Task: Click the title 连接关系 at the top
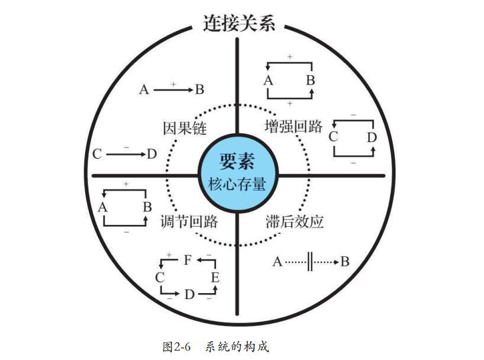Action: pyautogui.click(x=239, y=23)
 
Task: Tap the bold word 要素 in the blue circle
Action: pyautogui.click(x=237, y=161)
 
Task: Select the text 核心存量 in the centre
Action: pyautogui.click(x=237, y=185)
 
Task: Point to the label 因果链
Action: pyautogui.click(x=185, y=128)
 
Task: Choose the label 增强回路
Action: pyautogui.click(x=293, y=126)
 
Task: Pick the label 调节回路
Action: pyautogui.click(x=189, y=221)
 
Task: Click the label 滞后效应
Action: pyautogui.click(x=295, y=221)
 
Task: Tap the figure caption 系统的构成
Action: pyautogui.click(x=237, y=346)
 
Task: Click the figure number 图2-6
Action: pyautogui.click(x=176, y=347)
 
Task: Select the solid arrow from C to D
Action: pyautogui.click(x=125, y=154)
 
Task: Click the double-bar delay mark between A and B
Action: pyautogui.click(x=310, y=262)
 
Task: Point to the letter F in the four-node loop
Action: pyautogui.click(x=188, y=260)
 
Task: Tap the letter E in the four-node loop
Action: pyautogui.click(x=215, y=278)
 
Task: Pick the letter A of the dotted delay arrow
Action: pyautogui.click(x=278, y=262)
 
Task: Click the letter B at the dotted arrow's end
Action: pyautogui.click(x=345, y=262)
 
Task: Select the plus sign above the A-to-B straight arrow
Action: pyautogui.click(x=173, y=83)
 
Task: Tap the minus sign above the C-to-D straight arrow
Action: pyautogui.click(x=126, y=147)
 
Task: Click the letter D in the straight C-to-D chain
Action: pyautogui.click(x=151, y=154)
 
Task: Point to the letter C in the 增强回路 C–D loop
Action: pyautogui.click(x=333, y=137)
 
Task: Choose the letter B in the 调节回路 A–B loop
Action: pyautogui.click(x=147, y=207)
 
